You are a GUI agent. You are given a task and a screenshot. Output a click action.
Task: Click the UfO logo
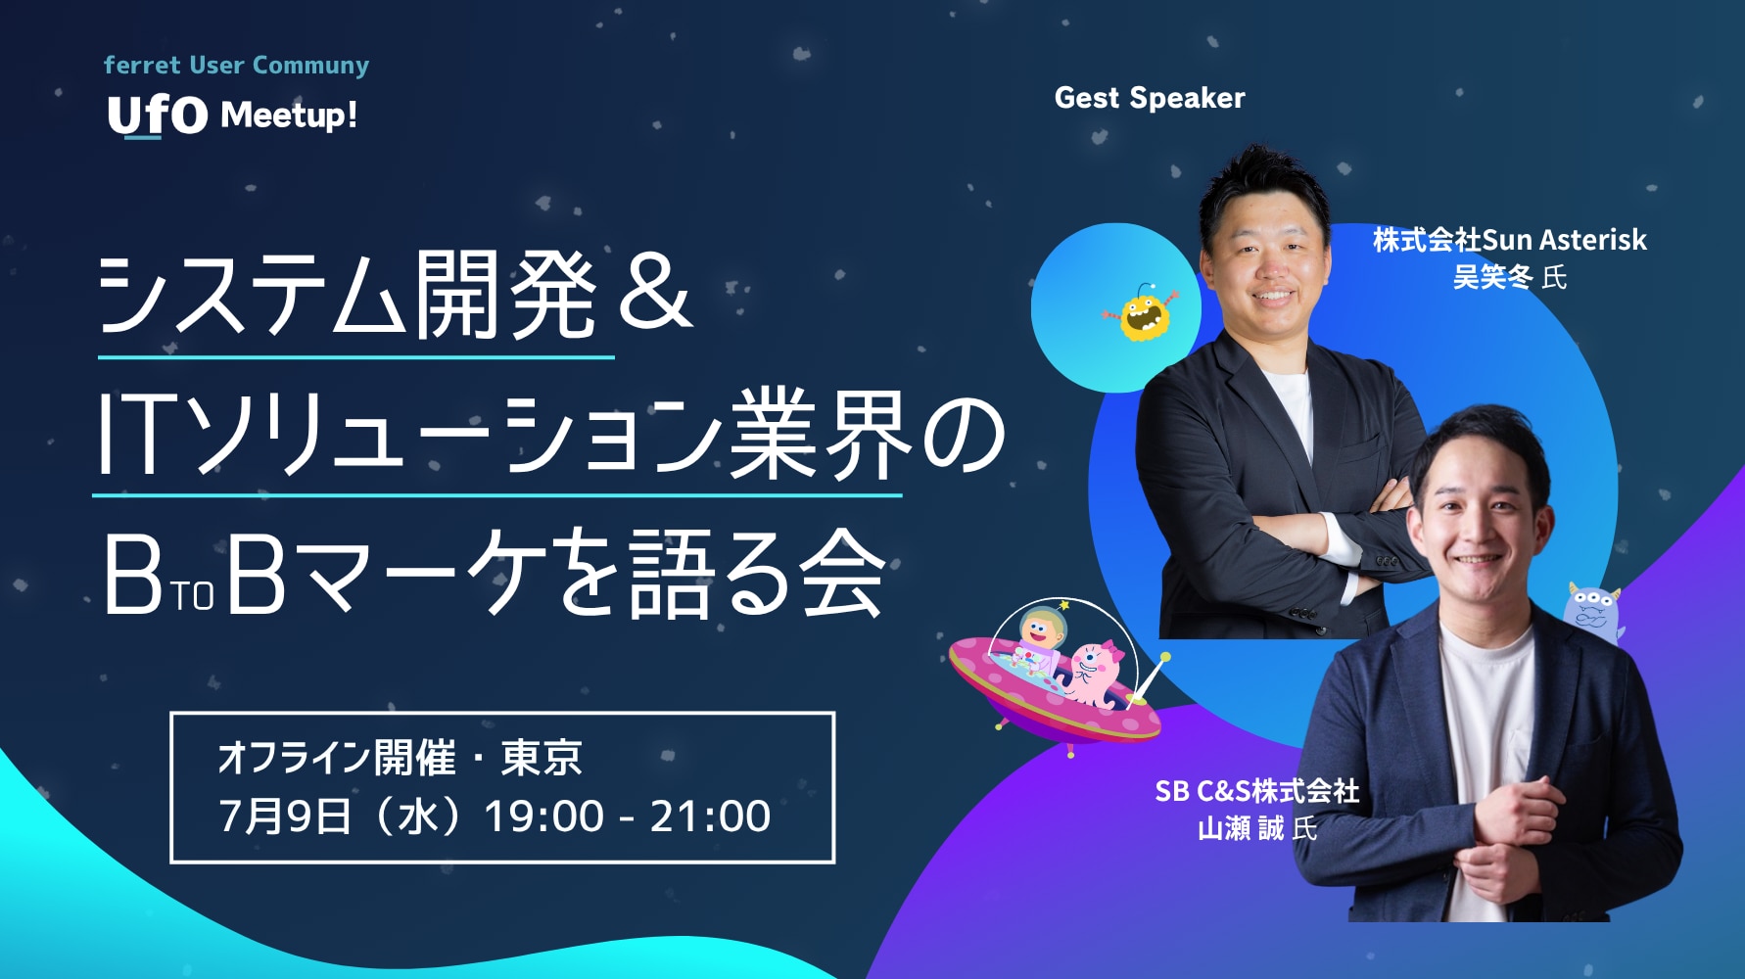158,117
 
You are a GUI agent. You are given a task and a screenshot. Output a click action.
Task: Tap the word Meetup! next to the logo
289,116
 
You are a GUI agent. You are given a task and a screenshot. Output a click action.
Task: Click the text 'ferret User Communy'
236,66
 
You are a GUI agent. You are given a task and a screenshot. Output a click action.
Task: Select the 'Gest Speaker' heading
1150,98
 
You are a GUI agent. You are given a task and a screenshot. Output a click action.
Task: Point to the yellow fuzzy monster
1142,312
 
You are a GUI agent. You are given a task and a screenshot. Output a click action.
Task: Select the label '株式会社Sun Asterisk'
1509,240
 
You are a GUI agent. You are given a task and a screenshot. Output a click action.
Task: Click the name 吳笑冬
1492,278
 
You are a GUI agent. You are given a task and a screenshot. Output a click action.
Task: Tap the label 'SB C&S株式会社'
1257,791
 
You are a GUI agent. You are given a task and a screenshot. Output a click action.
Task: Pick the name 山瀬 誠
1241,829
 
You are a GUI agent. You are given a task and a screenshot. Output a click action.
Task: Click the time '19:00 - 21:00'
628,816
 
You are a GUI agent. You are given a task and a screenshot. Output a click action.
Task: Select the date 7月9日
284,816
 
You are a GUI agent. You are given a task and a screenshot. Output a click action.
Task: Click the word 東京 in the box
542,758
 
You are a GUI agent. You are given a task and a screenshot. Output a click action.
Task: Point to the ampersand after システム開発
654,293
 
